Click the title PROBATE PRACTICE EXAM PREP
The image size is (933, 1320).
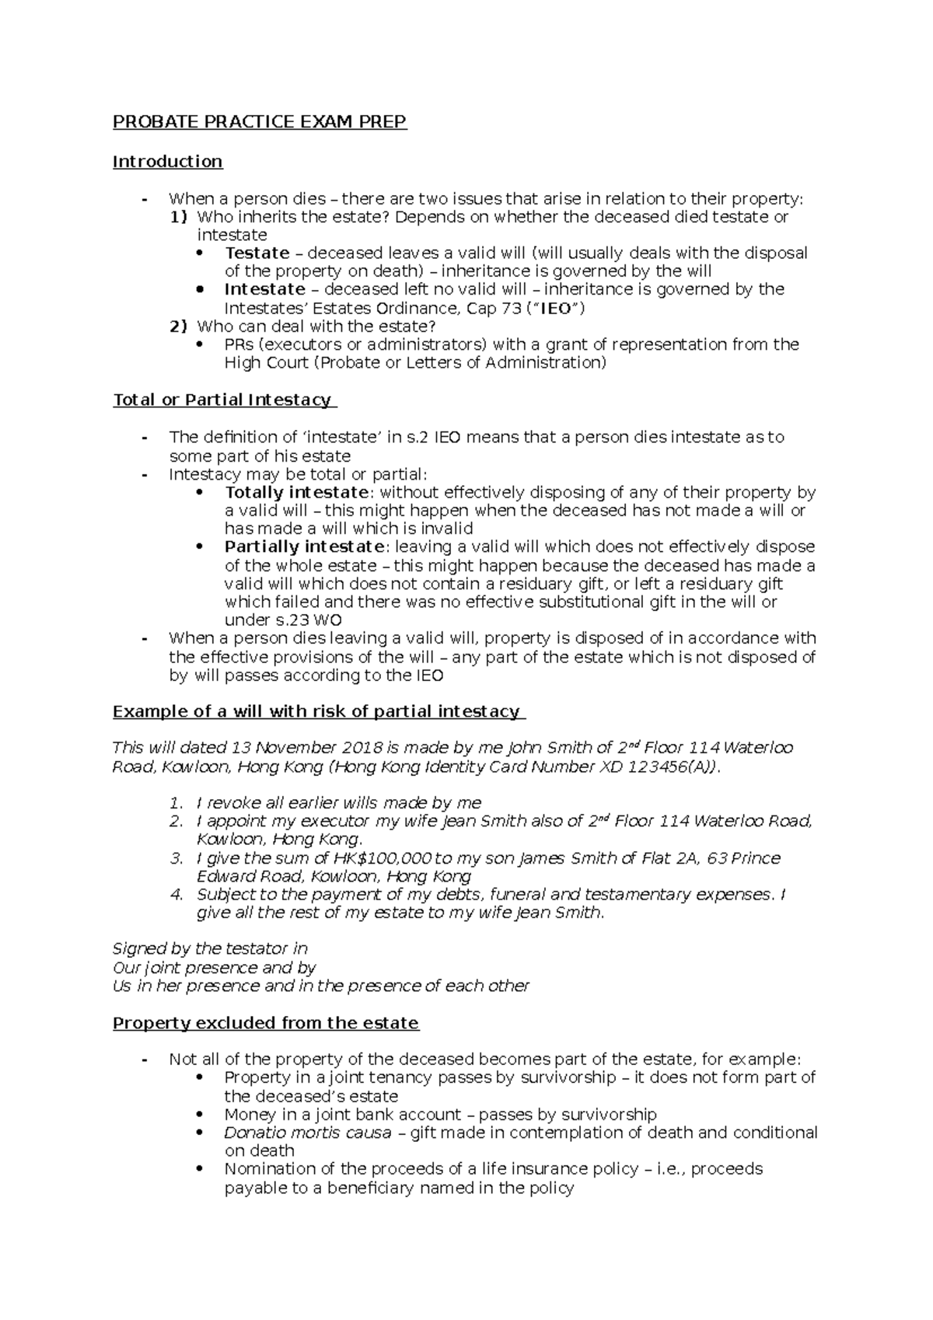[260, 122]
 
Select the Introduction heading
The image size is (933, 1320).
[167, 162]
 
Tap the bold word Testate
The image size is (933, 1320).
[257, 253]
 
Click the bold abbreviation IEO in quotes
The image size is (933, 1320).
[554, 308]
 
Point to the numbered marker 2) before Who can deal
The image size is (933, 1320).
[178, 326]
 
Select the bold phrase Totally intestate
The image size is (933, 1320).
[296, 492]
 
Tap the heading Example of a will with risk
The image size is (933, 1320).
[316, 711]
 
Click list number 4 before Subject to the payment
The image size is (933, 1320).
[176, 895]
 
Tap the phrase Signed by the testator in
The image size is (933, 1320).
[210, 948]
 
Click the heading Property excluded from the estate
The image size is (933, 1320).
[266, 1023]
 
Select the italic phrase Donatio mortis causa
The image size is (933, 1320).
[307, 1133]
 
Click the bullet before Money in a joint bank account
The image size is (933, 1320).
[201, 1115]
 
